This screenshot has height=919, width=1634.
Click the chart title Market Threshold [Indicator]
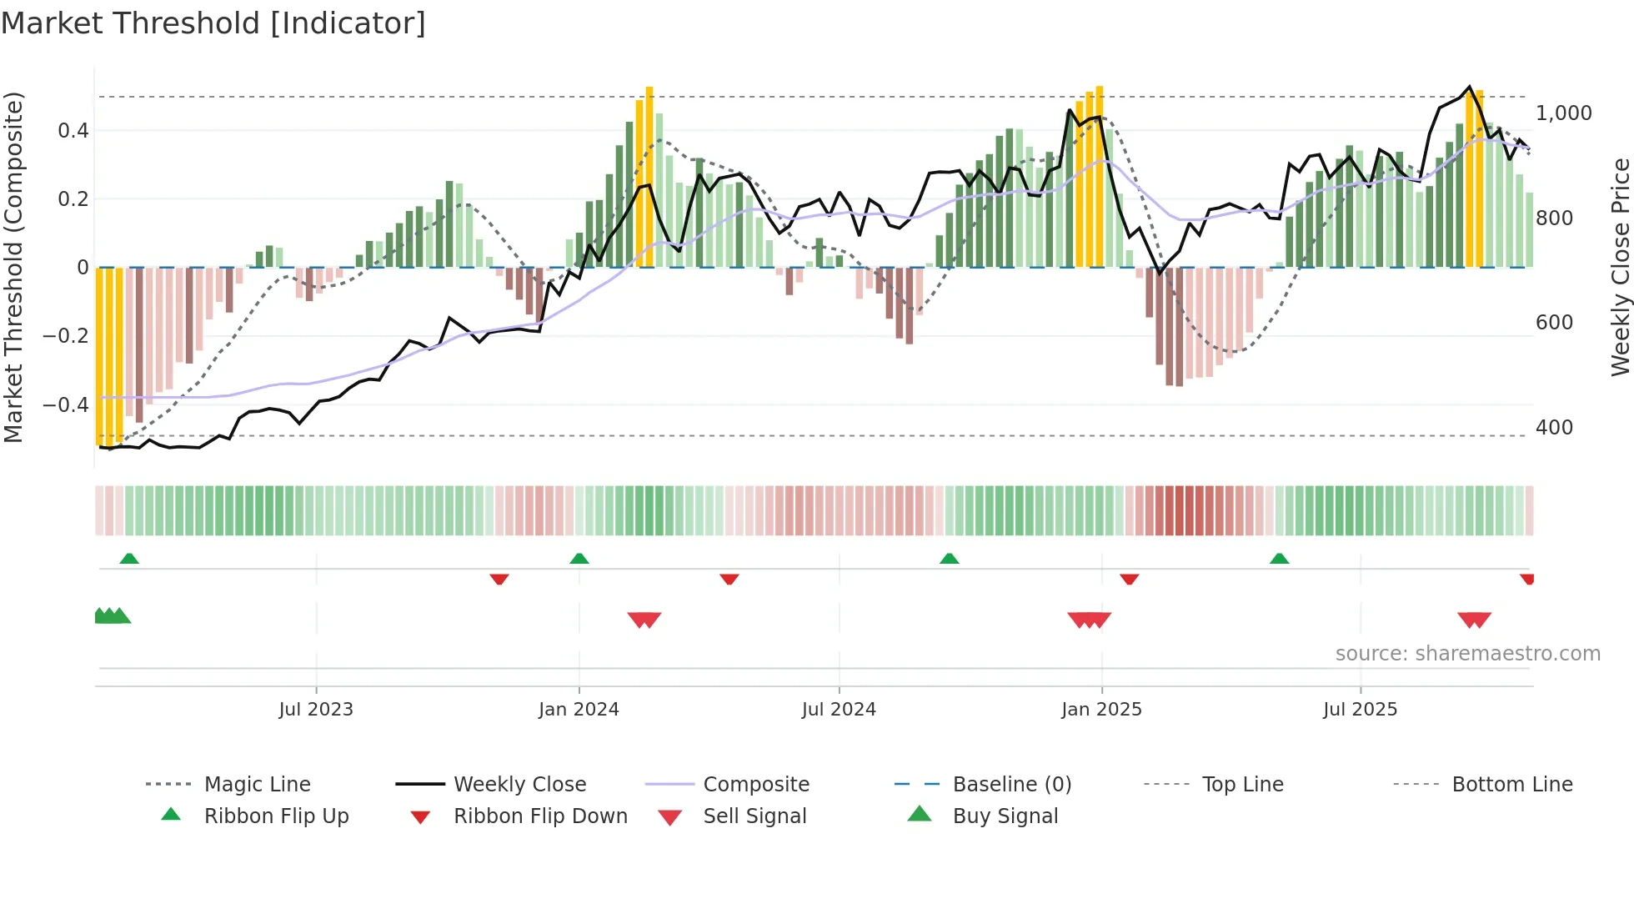[213, 23]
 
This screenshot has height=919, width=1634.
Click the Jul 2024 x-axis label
[839, 709]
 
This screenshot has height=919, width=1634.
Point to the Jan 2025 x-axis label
[1101, 709]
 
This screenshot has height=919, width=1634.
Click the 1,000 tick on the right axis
[1563, 113]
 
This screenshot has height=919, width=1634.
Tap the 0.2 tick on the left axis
[73, 198]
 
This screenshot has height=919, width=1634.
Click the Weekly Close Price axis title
[1620, 267]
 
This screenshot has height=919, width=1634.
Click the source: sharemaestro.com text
[1467, 653]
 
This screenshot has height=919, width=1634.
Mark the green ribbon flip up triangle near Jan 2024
[579, 559]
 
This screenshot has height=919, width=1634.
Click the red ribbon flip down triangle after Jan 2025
[1130, 579]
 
